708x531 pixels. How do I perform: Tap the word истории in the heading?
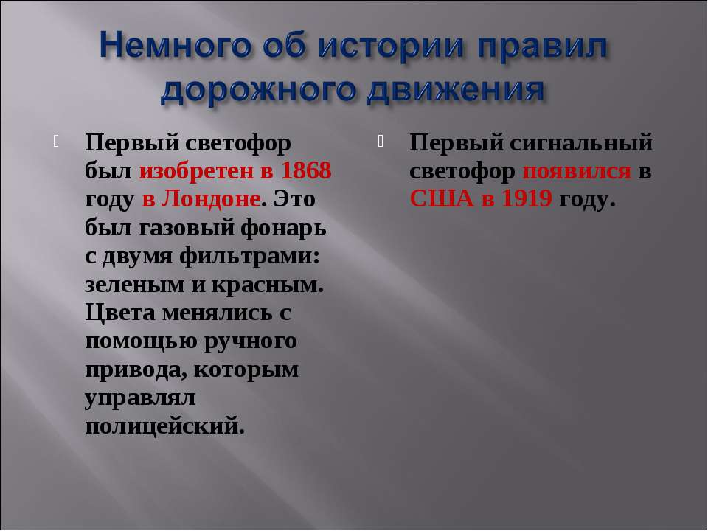pos(391,46)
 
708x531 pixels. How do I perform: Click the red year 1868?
pos(306,170)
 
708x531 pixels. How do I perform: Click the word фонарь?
pos(283,229)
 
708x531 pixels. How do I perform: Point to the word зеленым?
pos(134,285)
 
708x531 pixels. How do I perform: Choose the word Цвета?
pos(120,313)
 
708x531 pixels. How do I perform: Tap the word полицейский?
pos(164,426)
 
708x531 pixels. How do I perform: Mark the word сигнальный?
pos(582,142)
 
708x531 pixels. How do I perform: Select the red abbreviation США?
pos(442,198)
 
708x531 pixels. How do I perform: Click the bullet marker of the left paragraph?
pos(57,142)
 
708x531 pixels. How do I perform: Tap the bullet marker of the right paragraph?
pos(381,142)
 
